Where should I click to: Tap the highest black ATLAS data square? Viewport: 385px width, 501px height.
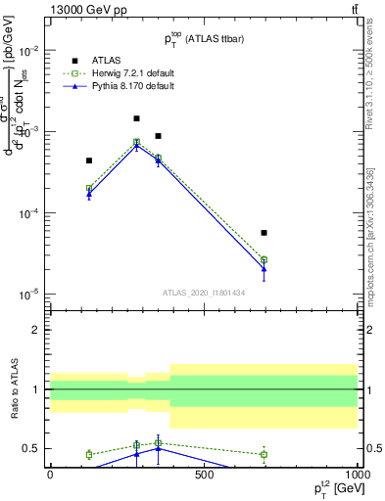(x=136, y=118)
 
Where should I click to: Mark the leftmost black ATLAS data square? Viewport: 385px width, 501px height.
(x=89, y=160)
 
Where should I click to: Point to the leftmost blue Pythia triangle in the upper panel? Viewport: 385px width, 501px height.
(x=89, y=195)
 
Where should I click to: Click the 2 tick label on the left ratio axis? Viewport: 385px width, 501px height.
(x=37, y=330)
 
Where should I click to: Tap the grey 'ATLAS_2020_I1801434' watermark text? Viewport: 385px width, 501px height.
(x=203, y=293)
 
